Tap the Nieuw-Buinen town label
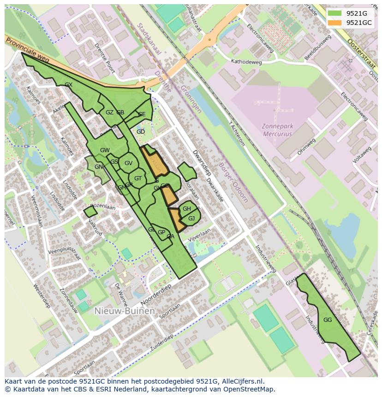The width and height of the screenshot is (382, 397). [124, 311]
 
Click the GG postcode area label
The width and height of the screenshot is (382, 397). [328, 320]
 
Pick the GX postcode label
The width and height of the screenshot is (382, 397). [69, 85]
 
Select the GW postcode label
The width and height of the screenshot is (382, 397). [105, 150]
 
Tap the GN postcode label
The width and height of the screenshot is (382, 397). [99, 167]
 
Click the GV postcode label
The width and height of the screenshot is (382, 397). [128, 163]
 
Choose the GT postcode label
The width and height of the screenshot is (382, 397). [138, 178]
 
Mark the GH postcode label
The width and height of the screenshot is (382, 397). [186, 209]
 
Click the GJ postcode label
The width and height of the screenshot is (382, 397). [191, 218]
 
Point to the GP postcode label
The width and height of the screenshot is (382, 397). [161, 232]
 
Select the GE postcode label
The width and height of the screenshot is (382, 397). [142, 114]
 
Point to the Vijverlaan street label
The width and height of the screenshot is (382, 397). [199, 235]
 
